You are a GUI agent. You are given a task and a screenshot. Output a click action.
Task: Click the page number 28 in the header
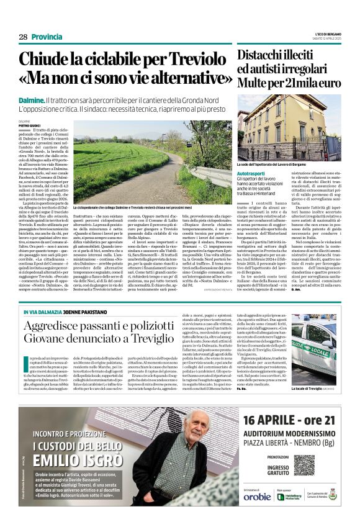pos(23,37)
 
